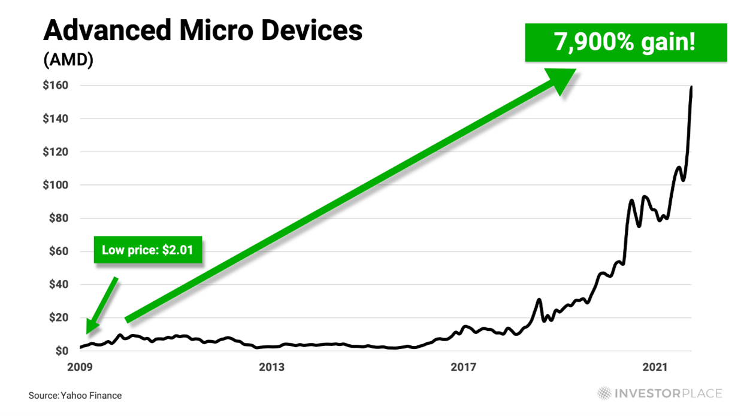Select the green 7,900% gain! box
[625, 42]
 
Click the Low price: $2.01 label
[147, 250]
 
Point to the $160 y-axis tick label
[55, 86]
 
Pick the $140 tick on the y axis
[55, 119]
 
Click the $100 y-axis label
[55, 185]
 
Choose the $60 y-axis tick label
[58, 251]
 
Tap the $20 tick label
[58, 318]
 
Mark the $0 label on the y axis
[61, 351]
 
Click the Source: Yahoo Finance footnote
[75, 395]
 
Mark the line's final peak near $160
[692, 87]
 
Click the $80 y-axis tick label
[58, 218]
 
